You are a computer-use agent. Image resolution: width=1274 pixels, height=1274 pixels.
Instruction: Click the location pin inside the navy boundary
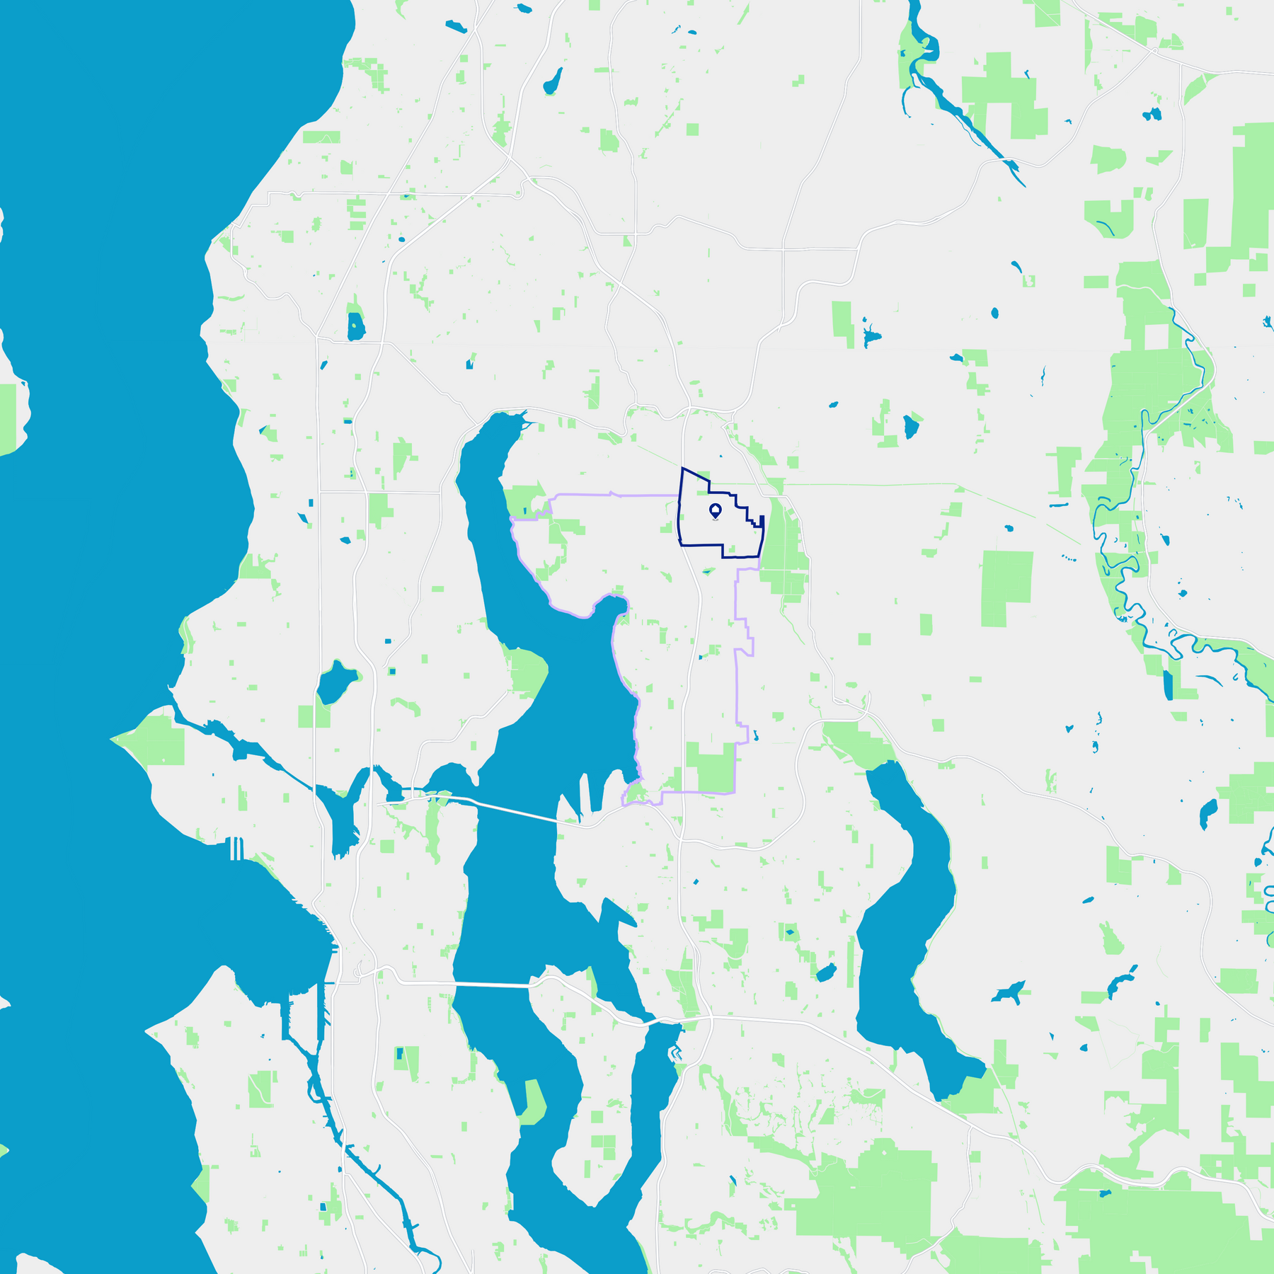tap(715, 510)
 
